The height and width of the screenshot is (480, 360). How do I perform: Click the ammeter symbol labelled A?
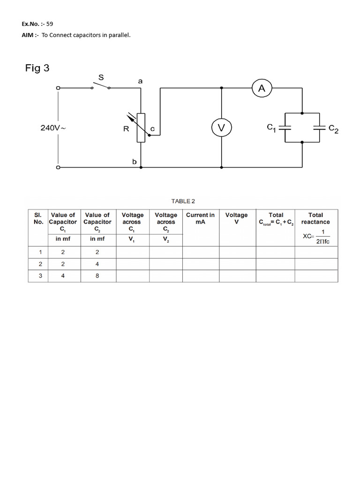(x=262, y=87)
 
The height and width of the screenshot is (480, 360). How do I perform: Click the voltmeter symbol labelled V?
(x=221, y=127)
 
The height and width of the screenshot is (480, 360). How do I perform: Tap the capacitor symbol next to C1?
(x=285, y=127)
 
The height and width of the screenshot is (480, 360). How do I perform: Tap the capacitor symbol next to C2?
(x=320, y=127)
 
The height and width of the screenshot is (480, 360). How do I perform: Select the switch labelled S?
(x=101, y=86)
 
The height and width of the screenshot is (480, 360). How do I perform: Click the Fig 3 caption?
(x=37, y=68)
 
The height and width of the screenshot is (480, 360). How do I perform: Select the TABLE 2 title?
(x=183, y=201)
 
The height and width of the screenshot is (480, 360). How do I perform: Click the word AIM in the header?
(x=28, y=35)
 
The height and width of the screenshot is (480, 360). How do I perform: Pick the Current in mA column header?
(x=200, y=218)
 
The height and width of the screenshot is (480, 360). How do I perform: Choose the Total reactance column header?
(x=315, y=218)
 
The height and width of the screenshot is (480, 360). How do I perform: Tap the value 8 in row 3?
(x=97, y=276)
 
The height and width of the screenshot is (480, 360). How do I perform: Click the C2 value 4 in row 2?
(x=97, y=263)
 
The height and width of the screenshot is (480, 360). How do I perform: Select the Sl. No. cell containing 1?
(x=40, y=252)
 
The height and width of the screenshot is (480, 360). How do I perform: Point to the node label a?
(x=140, y=81)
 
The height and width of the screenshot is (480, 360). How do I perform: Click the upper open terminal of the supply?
(x=58, y=88)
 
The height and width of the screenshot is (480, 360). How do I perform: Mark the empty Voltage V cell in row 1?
(x=237, y=252)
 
